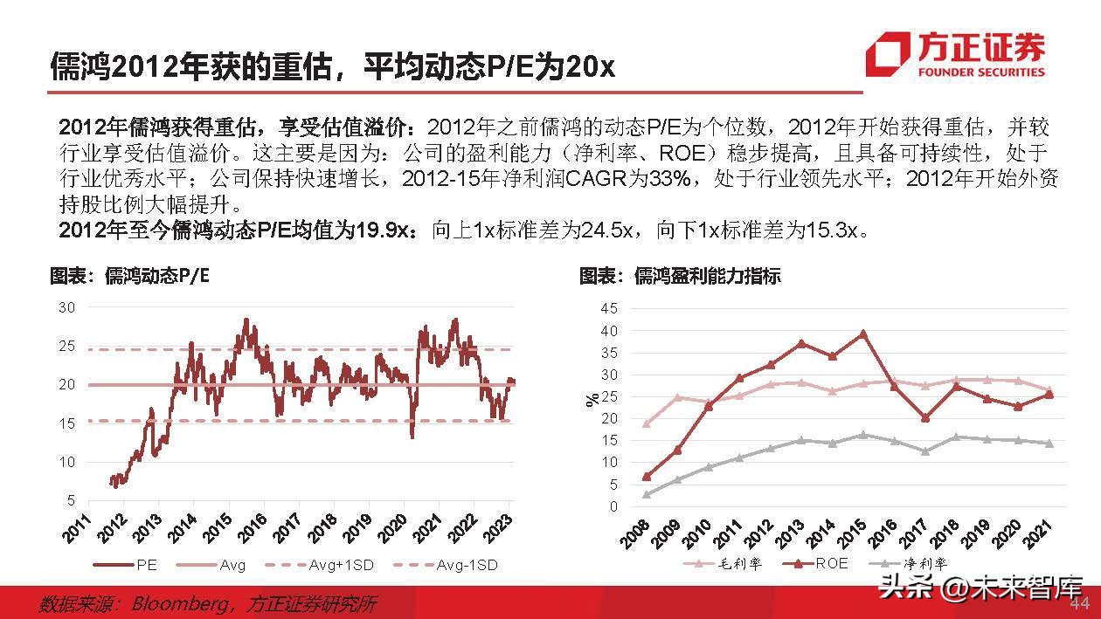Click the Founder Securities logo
pos(955,54)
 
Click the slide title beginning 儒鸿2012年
pos(332,65)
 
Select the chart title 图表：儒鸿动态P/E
pos(129,277)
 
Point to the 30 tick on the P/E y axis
pos(67,307)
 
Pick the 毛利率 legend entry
pos(721,563)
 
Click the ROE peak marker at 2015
pos(862,334)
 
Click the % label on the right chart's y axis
pos(592,400)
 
